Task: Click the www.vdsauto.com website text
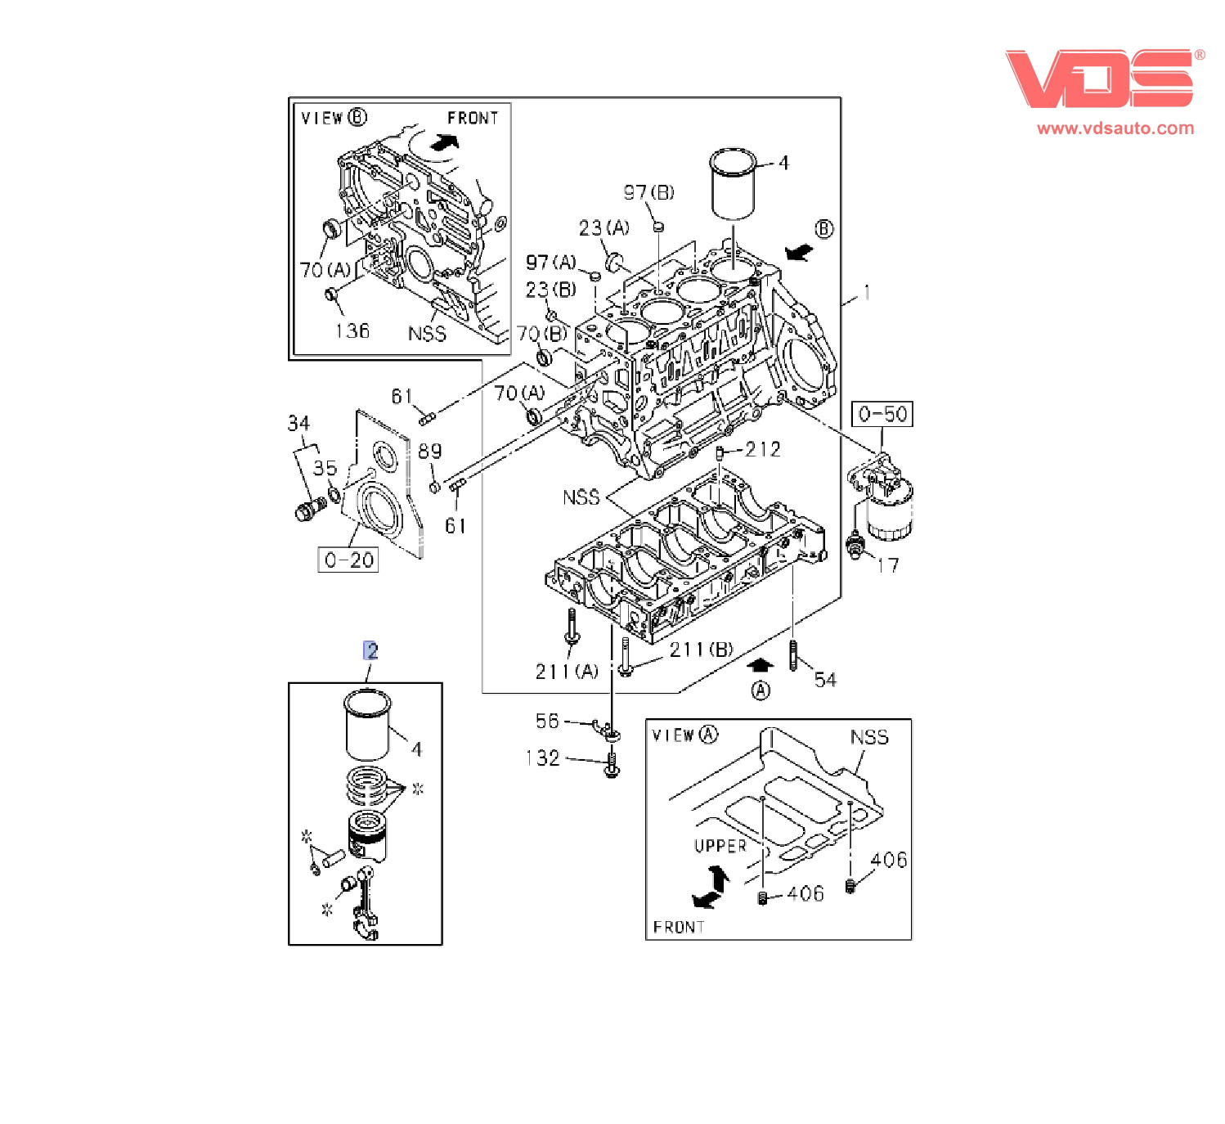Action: [x=1115, y=128]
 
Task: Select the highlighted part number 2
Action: [x=370, y=651]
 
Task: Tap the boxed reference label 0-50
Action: [x=882, y=415]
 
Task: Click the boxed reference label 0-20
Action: [x=348, y=560]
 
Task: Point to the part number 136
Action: [x=352, y=331]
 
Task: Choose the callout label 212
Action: [x=762, y=450]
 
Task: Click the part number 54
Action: [x=825, y=680]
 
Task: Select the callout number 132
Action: [x=543, y=758]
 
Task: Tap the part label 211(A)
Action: [x=567, y=672]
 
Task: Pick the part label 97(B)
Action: [x=648, y=193]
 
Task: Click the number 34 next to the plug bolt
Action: [x=298, y=424]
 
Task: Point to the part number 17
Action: [x=887, y=565]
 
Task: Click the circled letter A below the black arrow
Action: [x=761, y=691]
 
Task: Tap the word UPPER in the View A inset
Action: [x=720, y=846]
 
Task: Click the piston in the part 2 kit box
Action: [x=367, y=834]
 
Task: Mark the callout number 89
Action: [x=429, y=452]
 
